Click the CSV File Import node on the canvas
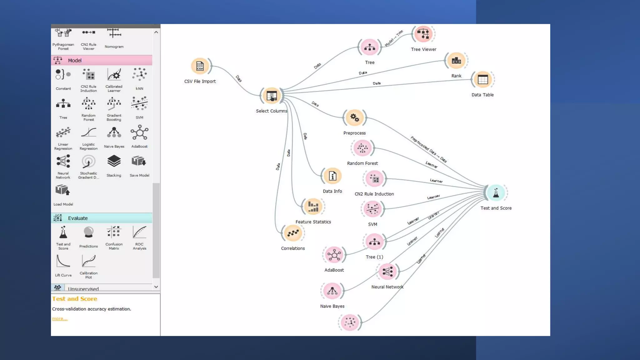pyautogui.click(x=200, y=66)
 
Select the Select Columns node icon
pyautogui.click(x=272, y=96)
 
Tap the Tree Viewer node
pyautogui.click(x=423, y=34)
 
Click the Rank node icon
pyautogui.click(x=456, y=61)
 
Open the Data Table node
pyautogui.click(x=482, y=80)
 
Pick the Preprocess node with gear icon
pyautogui.click(x=354, y=118)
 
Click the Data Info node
pyautogui.click(x=332, y=176)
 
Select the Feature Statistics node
pyautogui.click(x=313, y=207)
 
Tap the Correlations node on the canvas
pyautogui.click(x=293, y=233)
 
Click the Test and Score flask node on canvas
pyautogui.click(x=496, y=193)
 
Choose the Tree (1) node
pyautogui.click(x=374, y=242)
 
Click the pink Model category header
pyautogui.click(x=102, y=60)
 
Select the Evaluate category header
pyautogui.click(x=102, y=218)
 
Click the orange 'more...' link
pyautogui.click(x=60, y=319)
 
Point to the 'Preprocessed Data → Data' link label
pyautogui.click(x=428, y=149)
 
